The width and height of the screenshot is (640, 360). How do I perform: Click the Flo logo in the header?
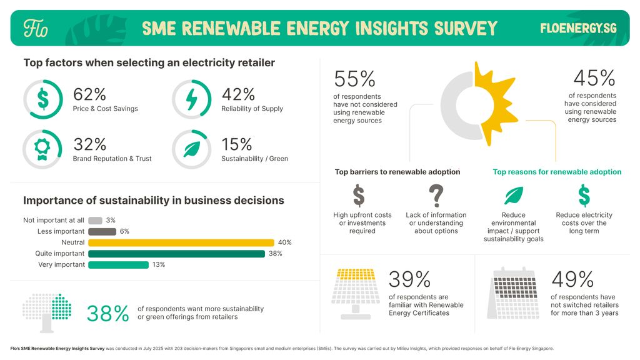36,28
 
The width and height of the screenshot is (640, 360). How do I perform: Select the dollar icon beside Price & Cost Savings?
42,99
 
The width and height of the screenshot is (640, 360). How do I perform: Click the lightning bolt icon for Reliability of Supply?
191,99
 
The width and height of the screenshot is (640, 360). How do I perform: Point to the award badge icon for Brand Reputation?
42,149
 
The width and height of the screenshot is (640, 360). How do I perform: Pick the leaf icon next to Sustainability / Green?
191,149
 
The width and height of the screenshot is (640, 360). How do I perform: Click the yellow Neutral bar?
181,242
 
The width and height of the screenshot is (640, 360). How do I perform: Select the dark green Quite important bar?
176,254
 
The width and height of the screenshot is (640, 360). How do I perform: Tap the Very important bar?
118,265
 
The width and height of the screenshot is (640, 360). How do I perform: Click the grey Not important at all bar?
95,221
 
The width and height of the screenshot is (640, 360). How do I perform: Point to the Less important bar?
102,232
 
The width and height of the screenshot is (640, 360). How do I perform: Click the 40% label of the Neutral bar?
284,242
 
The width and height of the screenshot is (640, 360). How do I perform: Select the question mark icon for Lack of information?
436,196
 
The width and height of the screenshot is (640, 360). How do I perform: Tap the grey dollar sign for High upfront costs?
359,196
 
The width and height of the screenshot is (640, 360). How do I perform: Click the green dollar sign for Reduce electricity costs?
583,196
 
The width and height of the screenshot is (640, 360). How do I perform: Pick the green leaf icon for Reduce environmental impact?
513,196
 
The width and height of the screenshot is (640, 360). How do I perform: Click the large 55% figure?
354,79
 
